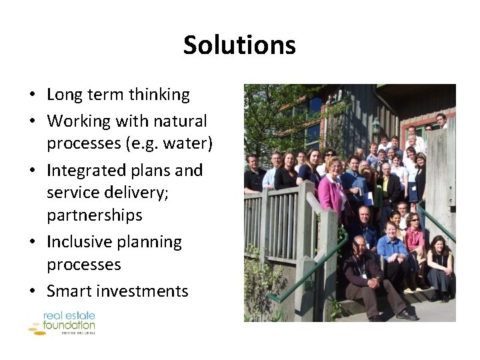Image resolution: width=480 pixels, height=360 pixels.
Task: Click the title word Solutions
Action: (239, 45)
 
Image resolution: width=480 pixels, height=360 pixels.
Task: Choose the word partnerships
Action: (95, 215)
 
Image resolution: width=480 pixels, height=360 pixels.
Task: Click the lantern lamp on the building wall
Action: (376, 125)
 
